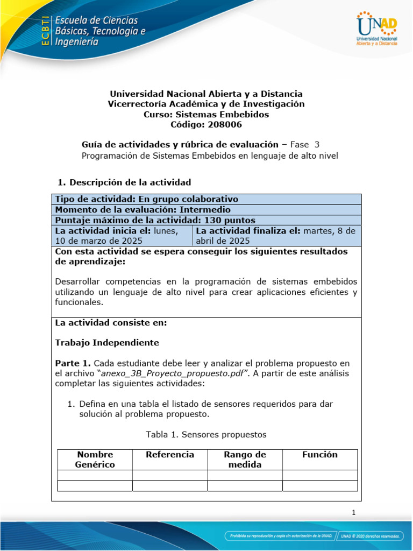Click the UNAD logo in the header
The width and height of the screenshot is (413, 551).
click(376, 28)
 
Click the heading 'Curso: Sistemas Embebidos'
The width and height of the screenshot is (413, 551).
click(206, 114)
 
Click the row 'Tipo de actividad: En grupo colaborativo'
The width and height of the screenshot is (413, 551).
click(206, 199)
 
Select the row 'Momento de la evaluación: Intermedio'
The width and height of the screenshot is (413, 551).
click(206, 209)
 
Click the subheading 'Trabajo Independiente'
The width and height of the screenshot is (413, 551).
click(107, 342)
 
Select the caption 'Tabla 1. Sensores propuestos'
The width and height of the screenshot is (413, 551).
click(206, 434)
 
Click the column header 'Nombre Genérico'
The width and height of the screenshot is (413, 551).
click(95, 460)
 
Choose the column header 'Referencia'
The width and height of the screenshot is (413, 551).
click(170, 455)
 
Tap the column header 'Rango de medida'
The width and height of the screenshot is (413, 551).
click(245, 460)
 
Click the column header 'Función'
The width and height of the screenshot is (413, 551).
click(320, 455)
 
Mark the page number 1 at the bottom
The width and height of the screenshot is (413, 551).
click(353, 513)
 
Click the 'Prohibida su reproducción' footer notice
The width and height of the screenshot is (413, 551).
click(279, 536)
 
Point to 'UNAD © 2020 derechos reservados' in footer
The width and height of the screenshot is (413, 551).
click(371, 536)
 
